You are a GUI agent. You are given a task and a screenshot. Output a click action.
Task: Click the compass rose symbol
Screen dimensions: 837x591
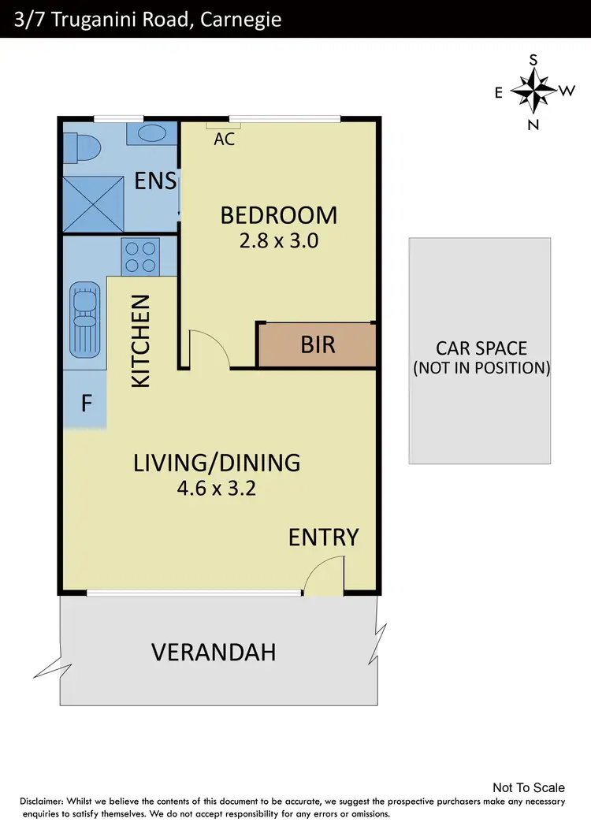pyautogui.click(x=533, y=91)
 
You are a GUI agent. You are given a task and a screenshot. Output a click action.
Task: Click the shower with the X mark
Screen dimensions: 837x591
pyautogui.click(x=94, y=202)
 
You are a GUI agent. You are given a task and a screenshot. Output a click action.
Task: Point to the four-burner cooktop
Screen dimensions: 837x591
pyautogui.click(x=139, y=256)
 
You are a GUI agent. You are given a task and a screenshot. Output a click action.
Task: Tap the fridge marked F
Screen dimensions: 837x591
pyautogui.click(x=86, y=404)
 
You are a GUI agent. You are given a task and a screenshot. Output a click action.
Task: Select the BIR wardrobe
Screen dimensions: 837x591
pyautogui.click(x=317, y=344)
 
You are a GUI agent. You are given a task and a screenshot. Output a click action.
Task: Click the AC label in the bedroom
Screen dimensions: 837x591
pyautogui.click(x=225, y=139)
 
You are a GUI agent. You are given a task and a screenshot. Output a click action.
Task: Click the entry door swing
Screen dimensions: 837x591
pyautogui.click(x=324, y=576)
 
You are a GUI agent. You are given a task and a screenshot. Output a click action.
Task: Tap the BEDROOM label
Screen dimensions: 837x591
pyautogui.click(x=278, y=215)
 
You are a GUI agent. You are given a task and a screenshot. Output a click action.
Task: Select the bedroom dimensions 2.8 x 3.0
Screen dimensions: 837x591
pyautogui.click(x=278, y=241)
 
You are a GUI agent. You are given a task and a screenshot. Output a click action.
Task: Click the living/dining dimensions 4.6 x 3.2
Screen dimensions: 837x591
pyautogui.click(x=217, y=488)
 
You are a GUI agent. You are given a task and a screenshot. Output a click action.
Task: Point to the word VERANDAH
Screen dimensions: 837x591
pyautogui.click(x=214, y=653)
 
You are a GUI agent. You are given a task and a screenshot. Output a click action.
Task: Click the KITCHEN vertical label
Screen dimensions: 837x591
pyautogui.click(x=140, y=340)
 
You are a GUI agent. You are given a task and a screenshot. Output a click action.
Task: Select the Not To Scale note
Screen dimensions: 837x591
pyautogui.click(x=528, y=787)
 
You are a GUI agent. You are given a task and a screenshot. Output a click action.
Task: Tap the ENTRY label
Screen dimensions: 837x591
pyautogui.click(x=323, y=538)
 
